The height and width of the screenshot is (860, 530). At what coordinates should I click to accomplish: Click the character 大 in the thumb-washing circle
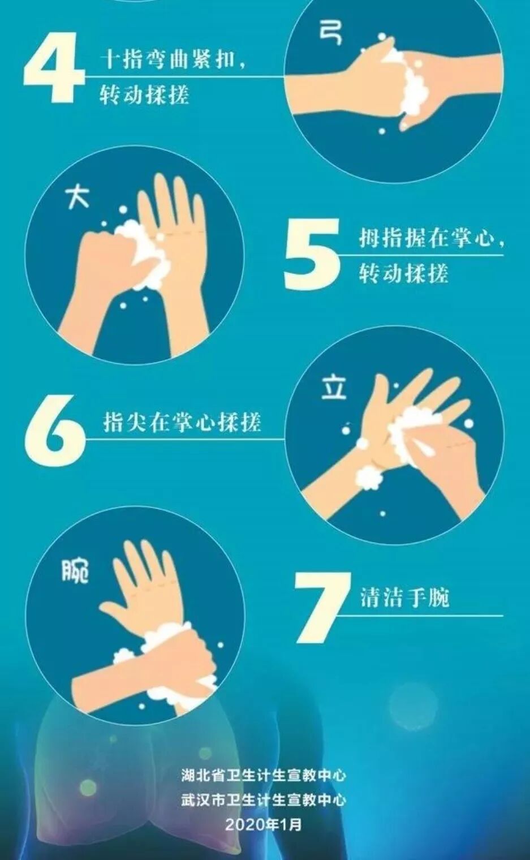(x=77, y=197)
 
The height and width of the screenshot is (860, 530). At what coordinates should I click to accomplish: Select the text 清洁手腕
(x=404, y=597)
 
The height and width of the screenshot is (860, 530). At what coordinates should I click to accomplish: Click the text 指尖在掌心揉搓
(x=182, y=422)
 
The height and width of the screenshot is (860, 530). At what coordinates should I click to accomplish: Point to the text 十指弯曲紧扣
(x=168, y=59)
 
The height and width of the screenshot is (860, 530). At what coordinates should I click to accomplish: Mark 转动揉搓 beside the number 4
(x=144, y=95)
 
